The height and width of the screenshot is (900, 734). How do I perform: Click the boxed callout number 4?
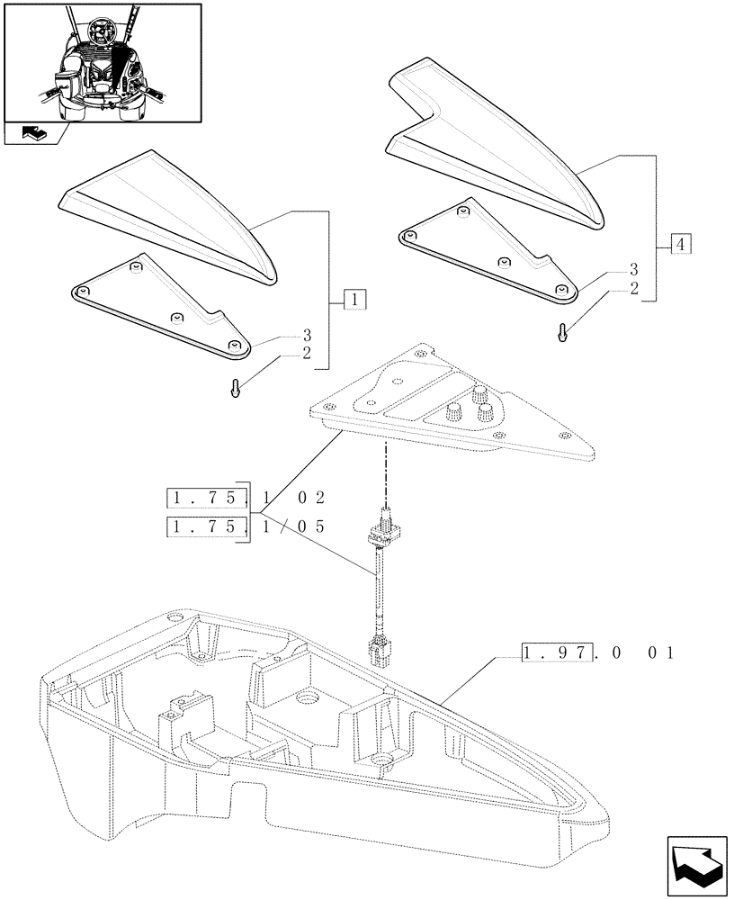pyautogui.click(x=681, y=244)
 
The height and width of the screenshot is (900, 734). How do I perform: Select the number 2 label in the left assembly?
pyautogui.click(x=307, y=353)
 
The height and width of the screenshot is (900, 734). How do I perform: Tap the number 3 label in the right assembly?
pyautogui.click(x=634, y=270)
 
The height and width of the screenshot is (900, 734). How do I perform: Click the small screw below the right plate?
pyautogui.click(x=563, y=332)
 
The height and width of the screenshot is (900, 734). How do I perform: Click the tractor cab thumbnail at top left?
pyautogui.click(x=102, y=62)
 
